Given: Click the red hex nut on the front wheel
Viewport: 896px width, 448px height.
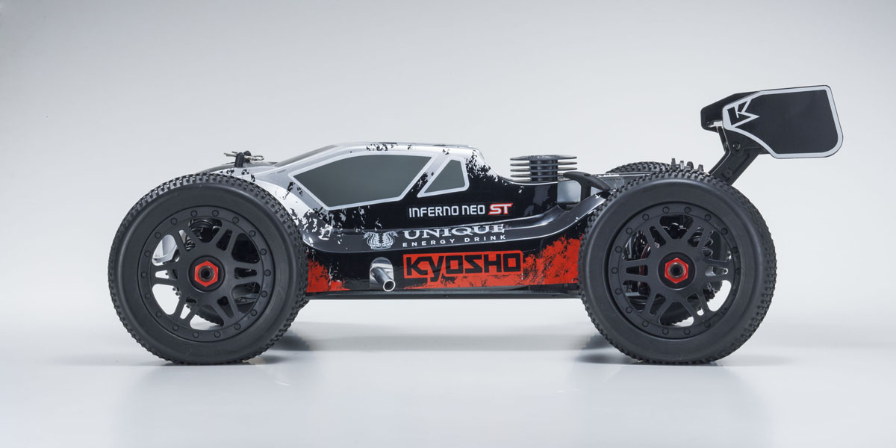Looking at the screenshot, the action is [x=208, y=273].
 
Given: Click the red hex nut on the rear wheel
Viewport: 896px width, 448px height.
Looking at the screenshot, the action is [x=676, y=271].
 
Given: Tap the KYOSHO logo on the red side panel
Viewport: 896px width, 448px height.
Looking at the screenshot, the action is [x=462, y=264].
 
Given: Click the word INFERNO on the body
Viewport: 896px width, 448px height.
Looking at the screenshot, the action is [x=432, y=212].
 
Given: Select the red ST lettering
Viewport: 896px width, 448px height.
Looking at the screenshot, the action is [x=500, y=209].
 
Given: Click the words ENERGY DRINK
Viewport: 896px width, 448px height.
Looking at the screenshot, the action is [x=454, y=240].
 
